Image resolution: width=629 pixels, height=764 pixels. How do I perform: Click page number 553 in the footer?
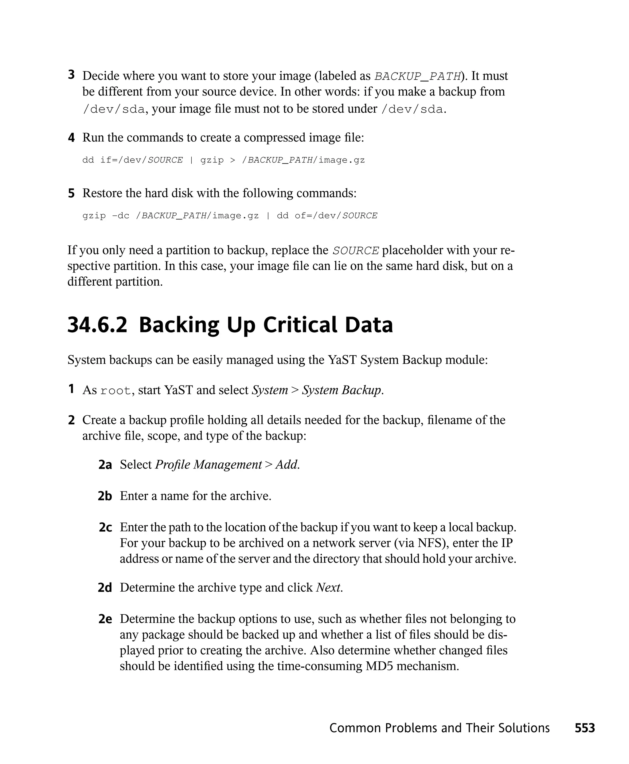click(584, 728)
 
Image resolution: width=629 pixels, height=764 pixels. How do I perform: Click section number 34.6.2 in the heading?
click(97, 325)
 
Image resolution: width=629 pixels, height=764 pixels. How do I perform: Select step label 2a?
click(105, 464)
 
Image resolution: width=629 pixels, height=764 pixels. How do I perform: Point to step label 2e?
click(105, 619)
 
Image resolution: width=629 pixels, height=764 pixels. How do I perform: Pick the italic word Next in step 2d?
click(328, 587)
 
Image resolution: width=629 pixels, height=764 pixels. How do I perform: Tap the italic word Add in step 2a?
click(287, 464)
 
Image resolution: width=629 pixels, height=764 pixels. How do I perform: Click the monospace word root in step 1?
click(115, 391)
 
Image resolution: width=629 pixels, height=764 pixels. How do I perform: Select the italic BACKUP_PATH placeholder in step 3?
click(417, 76)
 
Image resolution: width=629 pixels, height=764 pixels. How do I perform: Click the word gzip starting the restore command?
click(94, 216)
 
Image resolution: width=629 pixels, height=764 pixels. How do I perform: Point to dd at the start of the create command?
click(88, 160)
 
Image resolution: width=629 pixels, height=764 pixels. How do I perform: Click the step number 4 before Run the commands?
click(71, 138)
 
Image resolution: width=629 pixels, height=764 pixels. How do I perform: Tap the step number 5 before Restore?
click(71, 193)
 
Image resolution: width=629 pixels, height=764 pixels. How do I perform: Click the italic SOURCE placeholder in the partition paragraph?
click(356, 251)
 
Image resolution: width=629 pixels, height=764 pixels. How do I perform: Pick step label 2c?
click(105, 527)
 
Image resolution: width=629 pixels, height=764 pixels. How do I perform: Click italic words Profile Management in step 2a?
click(208, 464)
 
